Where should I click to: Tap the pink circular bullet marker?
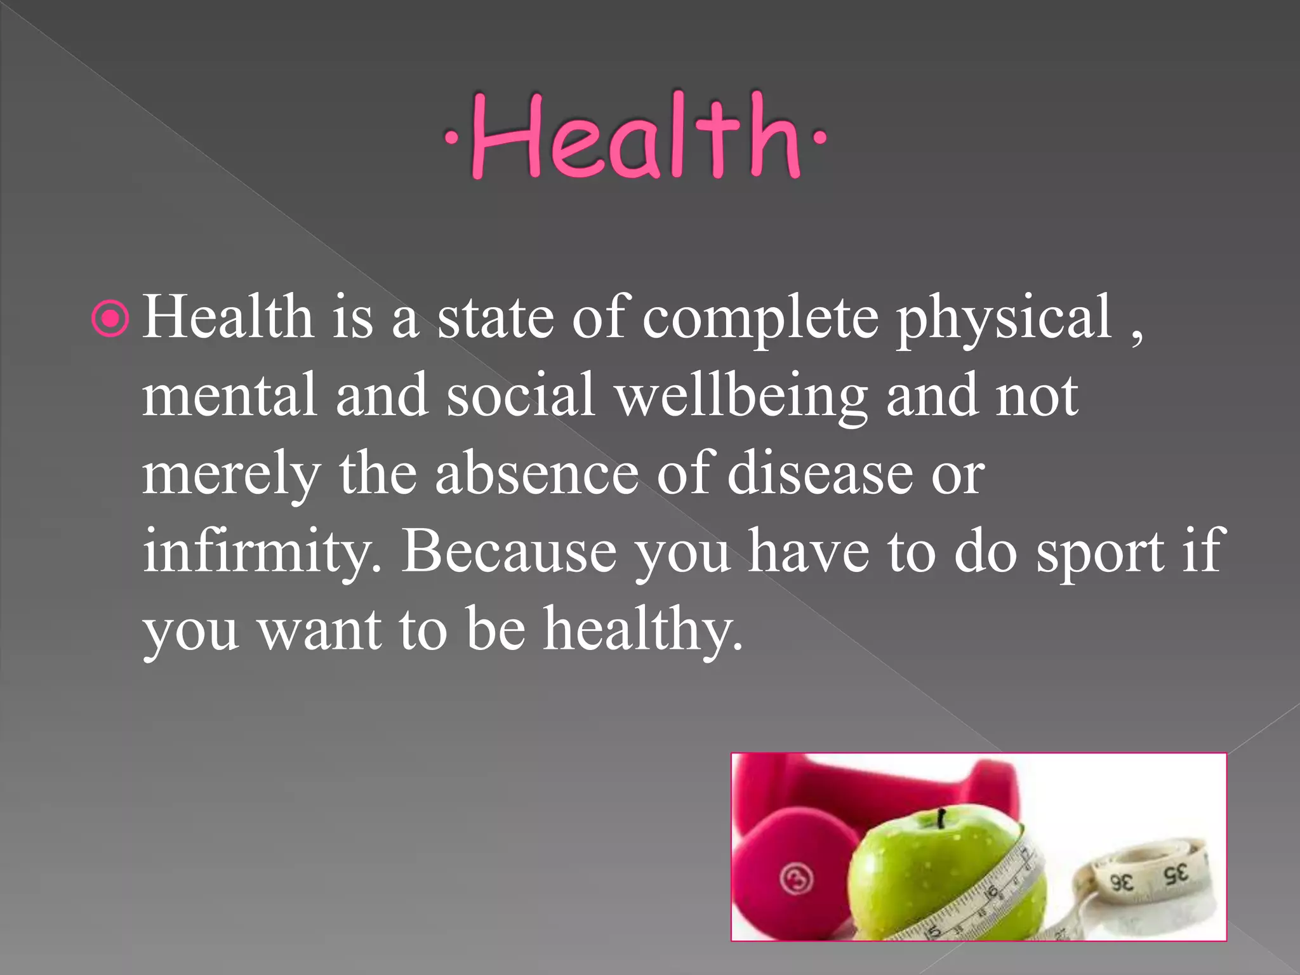[110, 320]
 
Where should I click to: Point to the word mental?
[229, 395]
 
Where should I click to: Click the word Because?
[510, 551]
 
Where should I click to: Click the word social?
[521, 395]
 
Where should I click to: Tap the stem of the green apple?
[941, 819]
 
